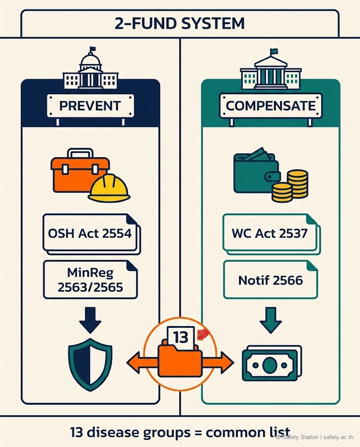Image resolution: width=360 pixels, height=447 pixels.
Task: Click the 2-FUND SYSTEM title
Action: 180,24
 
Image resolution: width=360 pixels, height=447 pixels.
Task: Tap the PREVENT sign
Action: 90,106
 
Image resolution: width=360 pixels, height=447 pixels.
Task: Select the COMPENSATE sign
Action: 271,106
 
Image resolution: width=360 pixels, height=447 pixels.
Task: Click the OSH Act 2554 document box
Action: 91,234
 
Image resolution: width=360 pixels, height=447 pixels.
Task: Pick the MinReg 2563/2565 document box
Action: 90,280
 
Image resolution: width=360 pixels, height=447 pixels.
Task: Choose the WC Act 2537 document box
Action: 271,234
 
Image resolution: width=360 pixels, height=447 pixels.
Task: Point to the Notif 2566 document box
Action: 271,280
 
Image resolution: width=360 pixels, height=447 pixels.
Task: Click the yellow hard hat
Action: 109,188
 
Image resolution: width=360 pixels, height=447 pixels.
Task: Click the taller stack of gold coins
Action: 298,184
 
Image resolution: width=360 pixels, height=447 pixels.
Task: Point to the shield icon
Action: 90,364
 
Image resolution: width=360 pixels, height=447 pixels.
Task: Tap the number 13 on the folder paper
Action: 181,337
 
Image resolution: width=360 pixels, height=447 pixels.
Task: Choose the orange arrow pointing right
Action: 218,363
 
